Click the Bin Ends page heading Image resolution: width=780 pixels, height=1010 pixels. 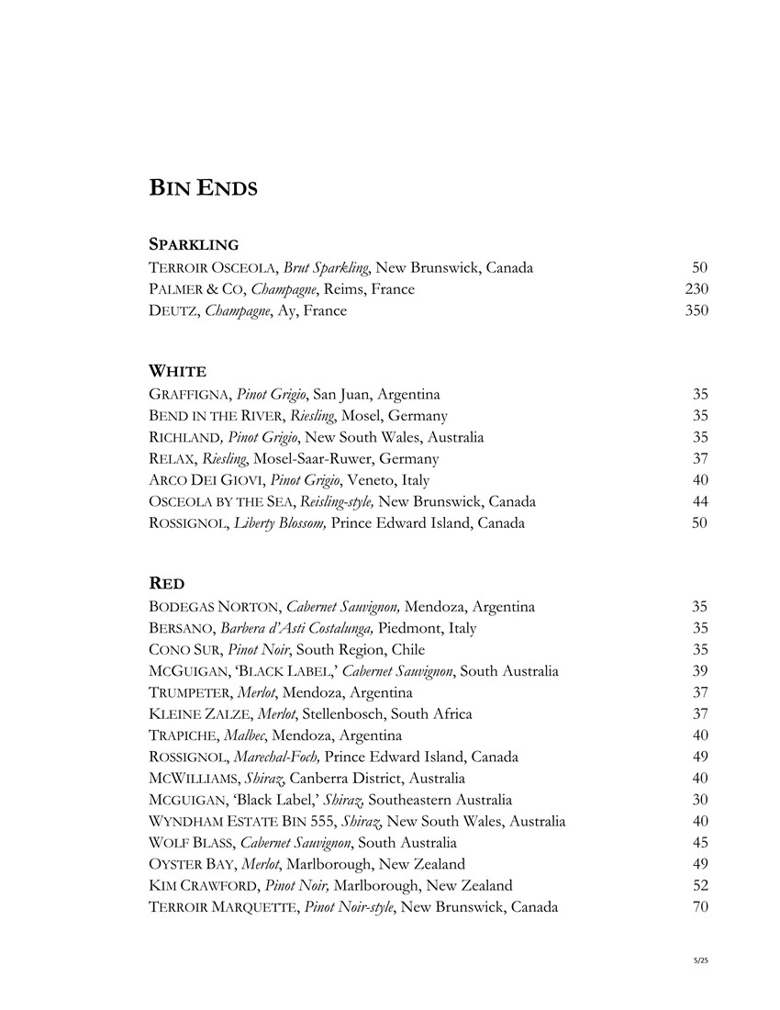[x=203, y=189]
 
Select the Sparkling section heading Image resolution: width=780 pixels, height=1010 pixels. [x=194, y=245]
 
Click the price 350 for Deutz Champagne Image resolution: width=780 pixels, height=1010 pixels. [x=696, y=310]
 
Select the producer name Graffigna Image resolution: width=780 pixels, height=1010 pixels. [x=190, y=394]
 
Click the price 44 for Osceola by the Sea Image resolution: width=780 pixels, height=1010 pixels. [x=700, y=501]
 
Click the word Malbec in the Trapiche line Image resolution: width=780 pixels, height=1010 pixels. [x=262, y=735]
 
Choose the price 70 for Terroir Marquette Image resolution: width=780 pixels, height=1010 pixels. [x=700, y=907]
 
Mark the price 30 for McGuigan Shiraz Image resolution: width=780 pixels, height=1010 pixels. [x=700, y=800]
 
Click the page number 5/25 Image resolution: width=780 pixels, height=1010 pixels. [x=702, y=960]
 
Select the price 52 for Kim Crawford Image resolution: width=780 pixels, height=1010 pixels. [x=700, y=885]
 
